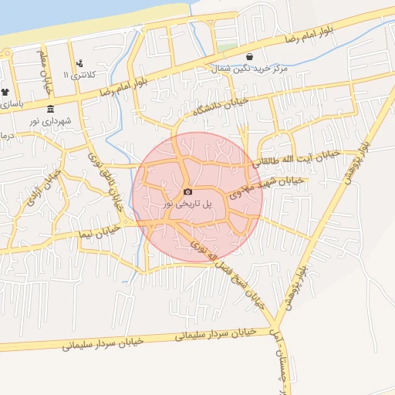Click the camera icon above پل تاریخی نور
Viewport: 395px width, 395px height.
(x=187, y=191)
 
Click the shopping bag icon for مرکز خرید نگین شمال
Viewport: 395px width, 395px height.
(x=249, y=56)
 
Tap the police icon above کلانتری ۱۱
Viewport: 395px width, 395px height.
(x=79, y=63)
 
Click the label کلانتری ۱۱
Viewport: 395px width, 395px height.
(x=80, y=76)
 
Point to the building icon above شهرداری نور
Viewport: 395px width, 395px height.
(x=51, y=108)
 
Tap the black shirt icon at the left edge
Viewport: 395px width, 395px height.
(x=5, y=92)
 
